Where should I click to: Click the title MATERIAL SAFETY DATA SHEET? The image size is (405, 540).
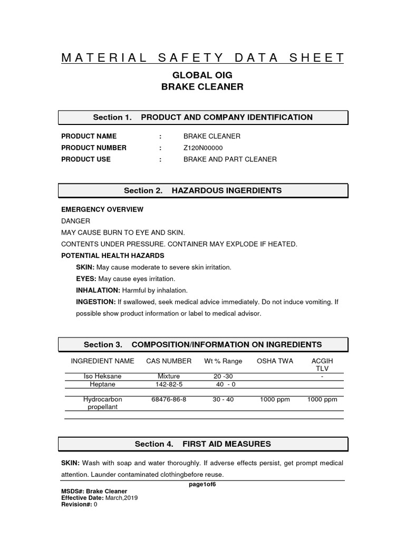[202, 58]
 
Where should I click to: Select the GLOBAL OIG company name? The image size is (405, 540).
[202, 75]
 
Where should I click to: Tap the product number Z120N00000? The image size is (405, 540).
[203, 148]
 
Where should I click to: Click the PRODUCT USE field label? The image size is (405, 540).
[86, 159]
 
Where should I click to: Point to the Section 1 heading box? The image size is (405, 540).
[202, 117]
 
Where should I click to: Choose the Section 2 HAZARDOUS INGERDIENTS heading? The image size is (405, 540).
[202, 190]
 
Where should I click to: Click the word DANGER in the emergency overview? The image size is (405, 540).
[76, 221]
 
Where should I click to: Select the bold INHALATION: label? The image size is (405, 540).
[98, 291]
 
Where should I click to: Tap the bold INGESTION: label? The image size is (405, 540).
[95, 302]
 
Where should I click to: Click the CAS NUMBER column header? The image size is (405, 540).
[169, 361]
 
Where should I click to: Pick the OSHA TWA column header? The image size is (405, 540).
[274, 361]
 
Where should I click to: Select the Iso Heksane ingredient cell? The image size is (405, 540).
[102, 377]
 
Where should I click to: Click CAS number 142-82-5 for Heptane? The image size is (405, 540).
[169, 385]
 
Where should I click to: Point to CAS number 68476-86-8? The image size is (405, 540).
[169, 400]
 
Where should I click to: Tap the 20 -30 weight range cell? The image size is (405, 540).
[223, 377]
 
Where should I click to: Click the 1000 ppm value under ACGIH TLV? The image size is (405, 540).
[322, 400]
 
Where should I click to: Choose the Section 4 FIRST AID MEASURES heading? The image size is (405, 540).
[202, 444]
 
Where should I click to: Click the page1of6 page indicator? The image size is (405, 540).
[202, 485]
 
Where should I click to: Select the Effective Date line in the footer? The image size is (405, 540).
[100, 498]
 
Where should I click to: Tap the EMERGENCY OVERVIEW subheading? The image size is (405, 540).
[102, 209]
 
